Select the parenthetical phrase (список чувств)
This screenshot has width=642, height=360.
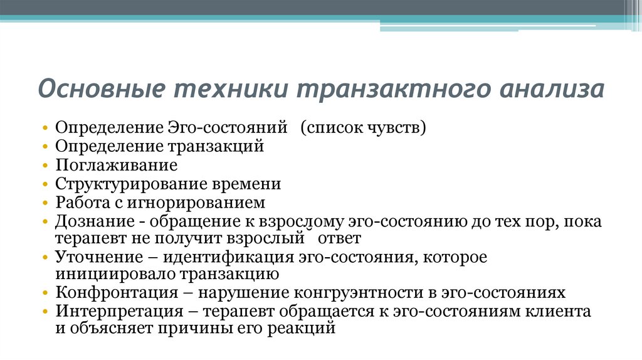tap(363, 128)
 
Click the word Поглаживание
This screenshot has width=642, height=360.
tap(116, 166)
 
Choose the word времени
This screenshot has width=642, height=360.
tap(245, 184)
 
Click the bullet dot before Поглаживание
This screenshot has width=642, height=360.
tap(46, 166)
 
